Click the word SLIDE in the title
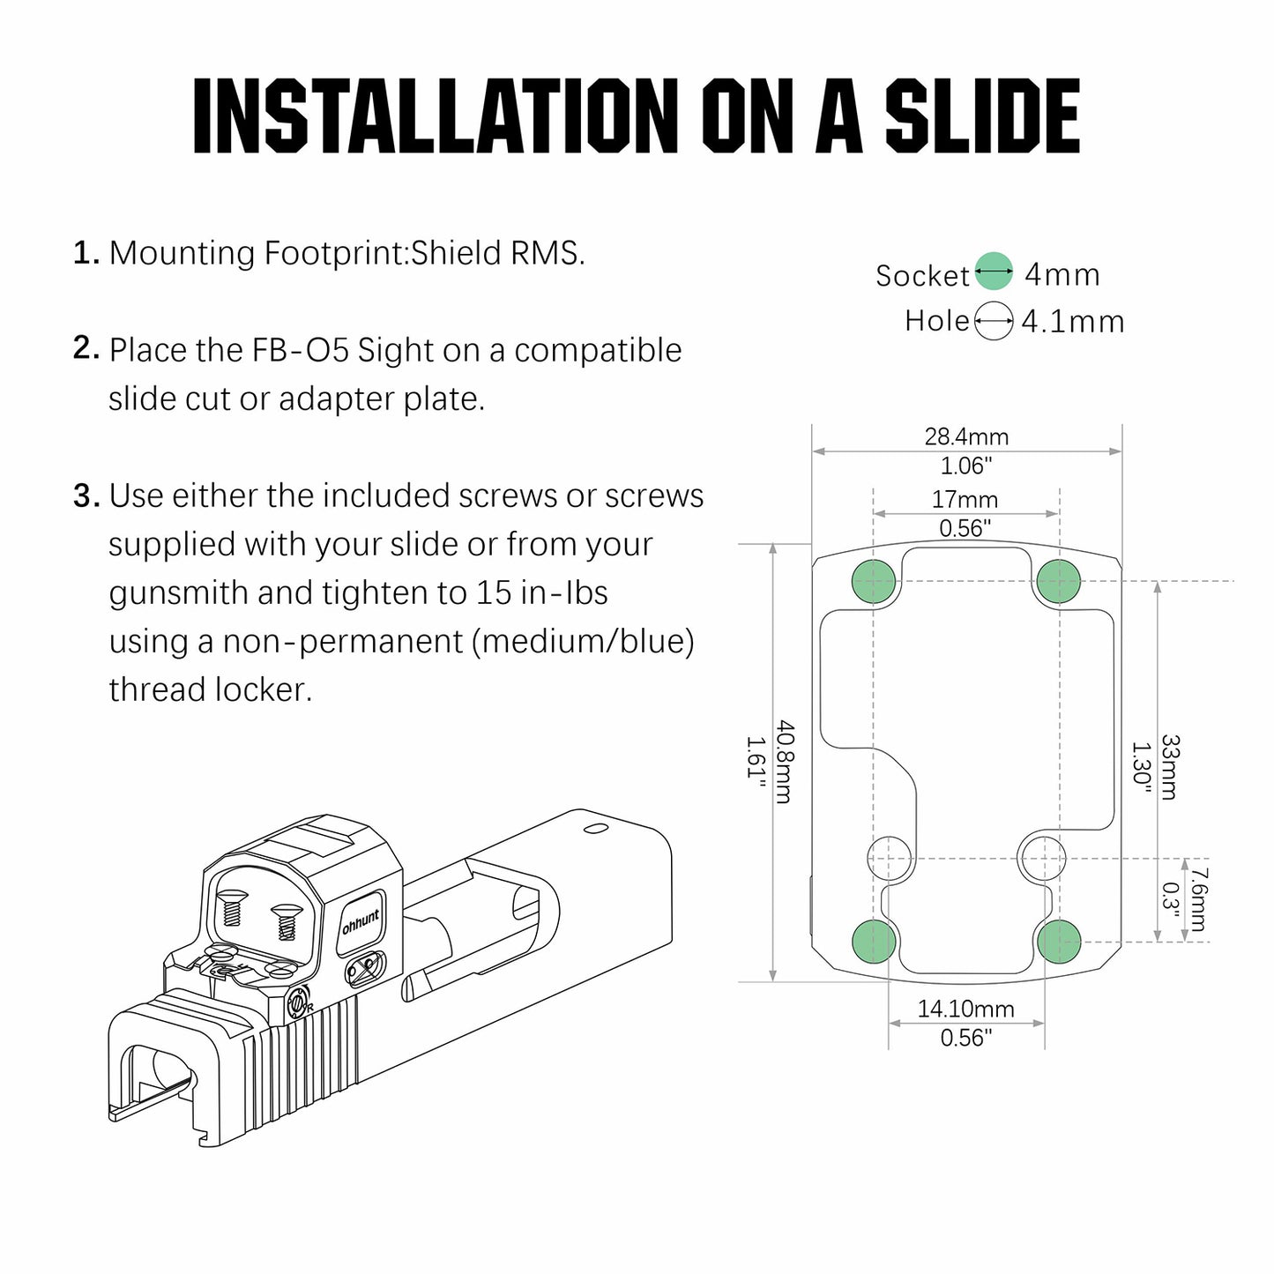pyautogui.click(x=982, y=116)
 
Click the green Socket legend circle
pyautogui.click(x=994, y=271)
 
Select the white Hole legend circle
pyautogui.click(x=994, y=321)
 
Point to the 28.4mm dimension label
pyautogui.click(x=966, y=437)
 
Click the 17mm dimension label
pyautogui.click(x=965, y=500)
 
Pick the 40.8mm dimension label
pyautogui.click(x=784, y=763)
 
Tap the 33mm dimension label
pyautogui.click(x=1170, y=768)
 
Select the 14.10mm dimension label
pyautogui.click(x=965, y=1009)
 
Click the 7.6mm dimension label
pyautogui.click(x=1196, y=899)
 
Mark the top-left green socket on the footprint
pyautogui.click(x=874, y=581)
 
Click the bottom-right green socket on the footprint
pyautogui.click(x=1059, y=941)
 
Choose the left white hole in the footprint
pyautogui.click(x=890, y=859)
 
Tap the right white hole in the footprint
pyautogui.click(x=1041, y=859)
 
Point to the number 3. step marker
pyautogui.click(x=86, y=496)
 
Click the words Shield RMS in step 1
pyautogui.click(x=498, y=253)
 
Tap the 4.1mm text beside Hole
pyautogui.click(x=1073, y=322)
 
